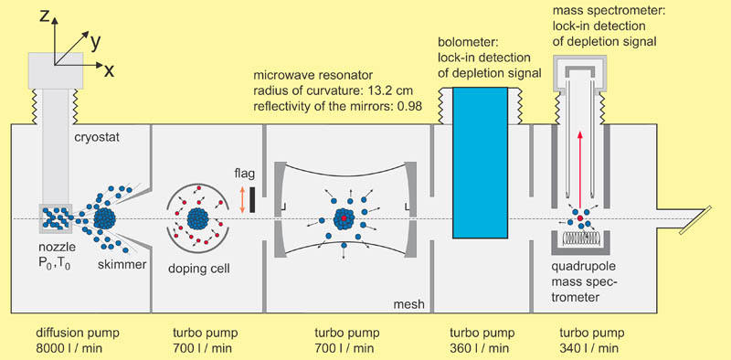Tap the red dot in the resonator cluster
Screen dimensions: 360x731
(344, 219)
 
